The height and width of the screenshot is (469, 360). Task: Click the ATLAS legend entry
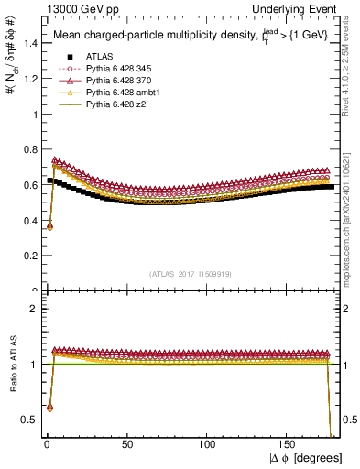click(99, 56)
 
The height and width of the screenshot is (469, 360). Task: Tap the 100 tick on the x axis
click(207, 443)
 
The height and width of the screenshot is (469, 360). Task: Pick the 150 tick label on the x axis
click(288, 443)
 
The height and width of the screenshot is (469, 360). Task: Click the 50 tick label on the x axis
click(126, 443)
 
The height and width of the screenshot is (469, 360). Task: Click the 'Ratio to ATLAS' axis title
click(12, 365)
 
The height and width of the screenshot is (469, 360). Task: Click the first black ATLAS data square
click(50, 180)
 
